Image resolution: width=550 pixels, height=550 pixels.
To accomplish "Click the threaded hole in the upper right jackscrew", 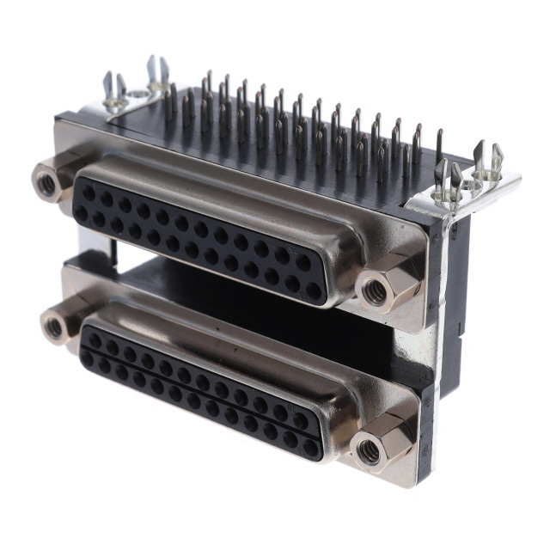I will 374,292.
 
